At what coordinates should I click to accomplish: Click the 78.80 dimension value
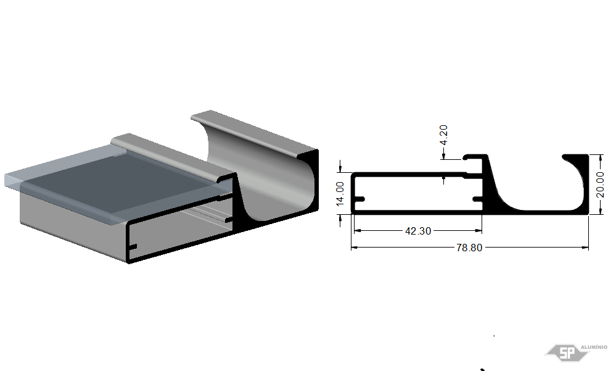469,248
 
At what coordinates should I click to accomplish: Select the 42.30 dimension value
418,231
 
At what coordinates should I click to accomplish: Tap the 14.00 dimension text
340,194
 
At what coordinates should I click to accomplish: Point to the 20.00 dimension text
600,185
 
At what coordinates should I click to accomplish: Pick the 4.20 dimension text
443,135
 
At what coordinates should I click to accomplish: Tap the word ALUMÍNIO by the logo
594,347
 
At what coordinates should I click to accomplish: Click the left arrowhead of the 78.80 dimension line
353,248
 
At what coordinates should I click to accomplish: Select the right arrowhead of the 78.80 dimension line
586,248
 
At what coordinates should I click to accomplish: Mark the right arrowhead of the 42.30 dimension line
479,231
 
